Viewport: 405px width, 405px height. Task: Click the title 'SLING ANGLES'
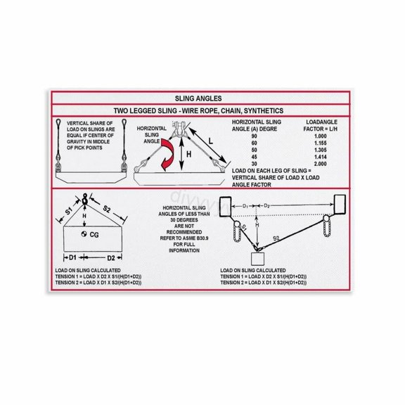pos(202,99)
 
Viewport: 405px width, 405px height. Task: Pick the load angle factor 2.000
pos(321,163)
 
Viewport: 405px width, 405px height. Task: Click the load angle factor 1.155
pos(321,142)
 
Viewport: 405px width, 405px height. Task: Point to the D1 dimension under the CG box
pos(72,257)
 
